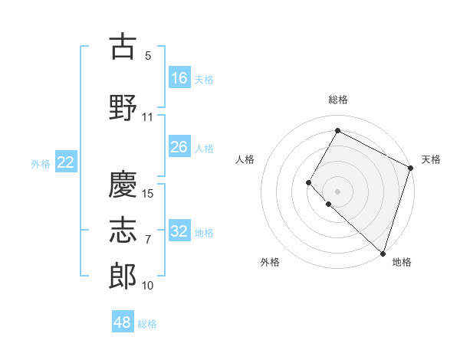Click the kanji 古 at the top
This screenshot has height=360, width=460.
coord(123,47)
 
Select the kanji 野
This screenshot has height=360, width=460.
coord(123,108)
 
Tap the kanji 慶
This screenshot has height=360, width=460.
coord(123,185)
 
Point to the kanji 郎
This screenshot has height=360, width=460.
coord(123,277)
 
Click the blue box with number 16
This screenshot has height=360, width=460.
coord(179,78)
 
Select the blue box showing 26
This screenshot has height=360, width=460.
coord(179,147)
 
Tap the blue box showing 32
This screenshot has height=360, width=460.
coord(179,231)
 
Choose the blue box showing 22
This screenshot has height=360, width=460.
coord(66,162)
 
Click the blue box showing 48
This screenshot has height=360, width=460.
coord(123,322)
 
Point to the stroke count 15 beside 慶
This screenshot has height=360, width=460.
coord(149,194)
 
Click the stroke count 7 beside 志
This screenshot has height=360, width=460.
coord(148,240)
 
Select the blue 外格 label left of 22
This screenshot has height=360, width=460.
coord(41,163)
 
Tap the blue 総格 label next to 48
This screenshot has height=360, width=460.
coord(147,324)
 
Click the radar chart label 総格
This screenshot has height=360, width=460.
coord(338,100)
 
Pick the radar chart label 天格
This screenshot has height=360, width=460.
coord(431,159)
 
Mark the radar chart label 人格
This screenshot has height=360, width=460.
coord(245,159)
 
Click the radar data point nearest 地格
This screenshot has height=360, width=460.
coord(383,253)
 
